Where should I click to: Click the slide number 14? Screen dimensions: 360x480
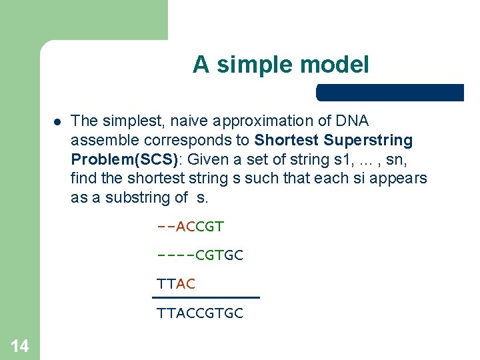(19, 345)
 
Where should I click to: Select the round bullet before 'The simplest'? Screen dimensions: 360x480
(57, 122)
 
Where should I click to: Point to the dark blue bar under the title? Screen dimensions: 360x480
(390, 93)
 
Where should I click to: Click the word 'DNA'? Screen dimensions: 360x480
(353, 121)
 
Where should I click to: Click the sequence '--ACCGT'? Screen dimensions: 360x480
(190, 227)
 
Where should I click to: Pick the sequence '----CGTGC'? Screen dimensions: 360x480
(199, 255)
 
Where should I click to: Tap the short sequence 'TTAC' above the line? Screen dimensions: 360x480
(175, 284)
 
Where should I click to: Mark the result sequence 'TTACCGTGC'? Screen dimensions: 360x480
(199, 313)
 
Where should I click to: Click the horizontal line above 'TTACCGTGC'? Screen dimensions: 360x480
(205, 297)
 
